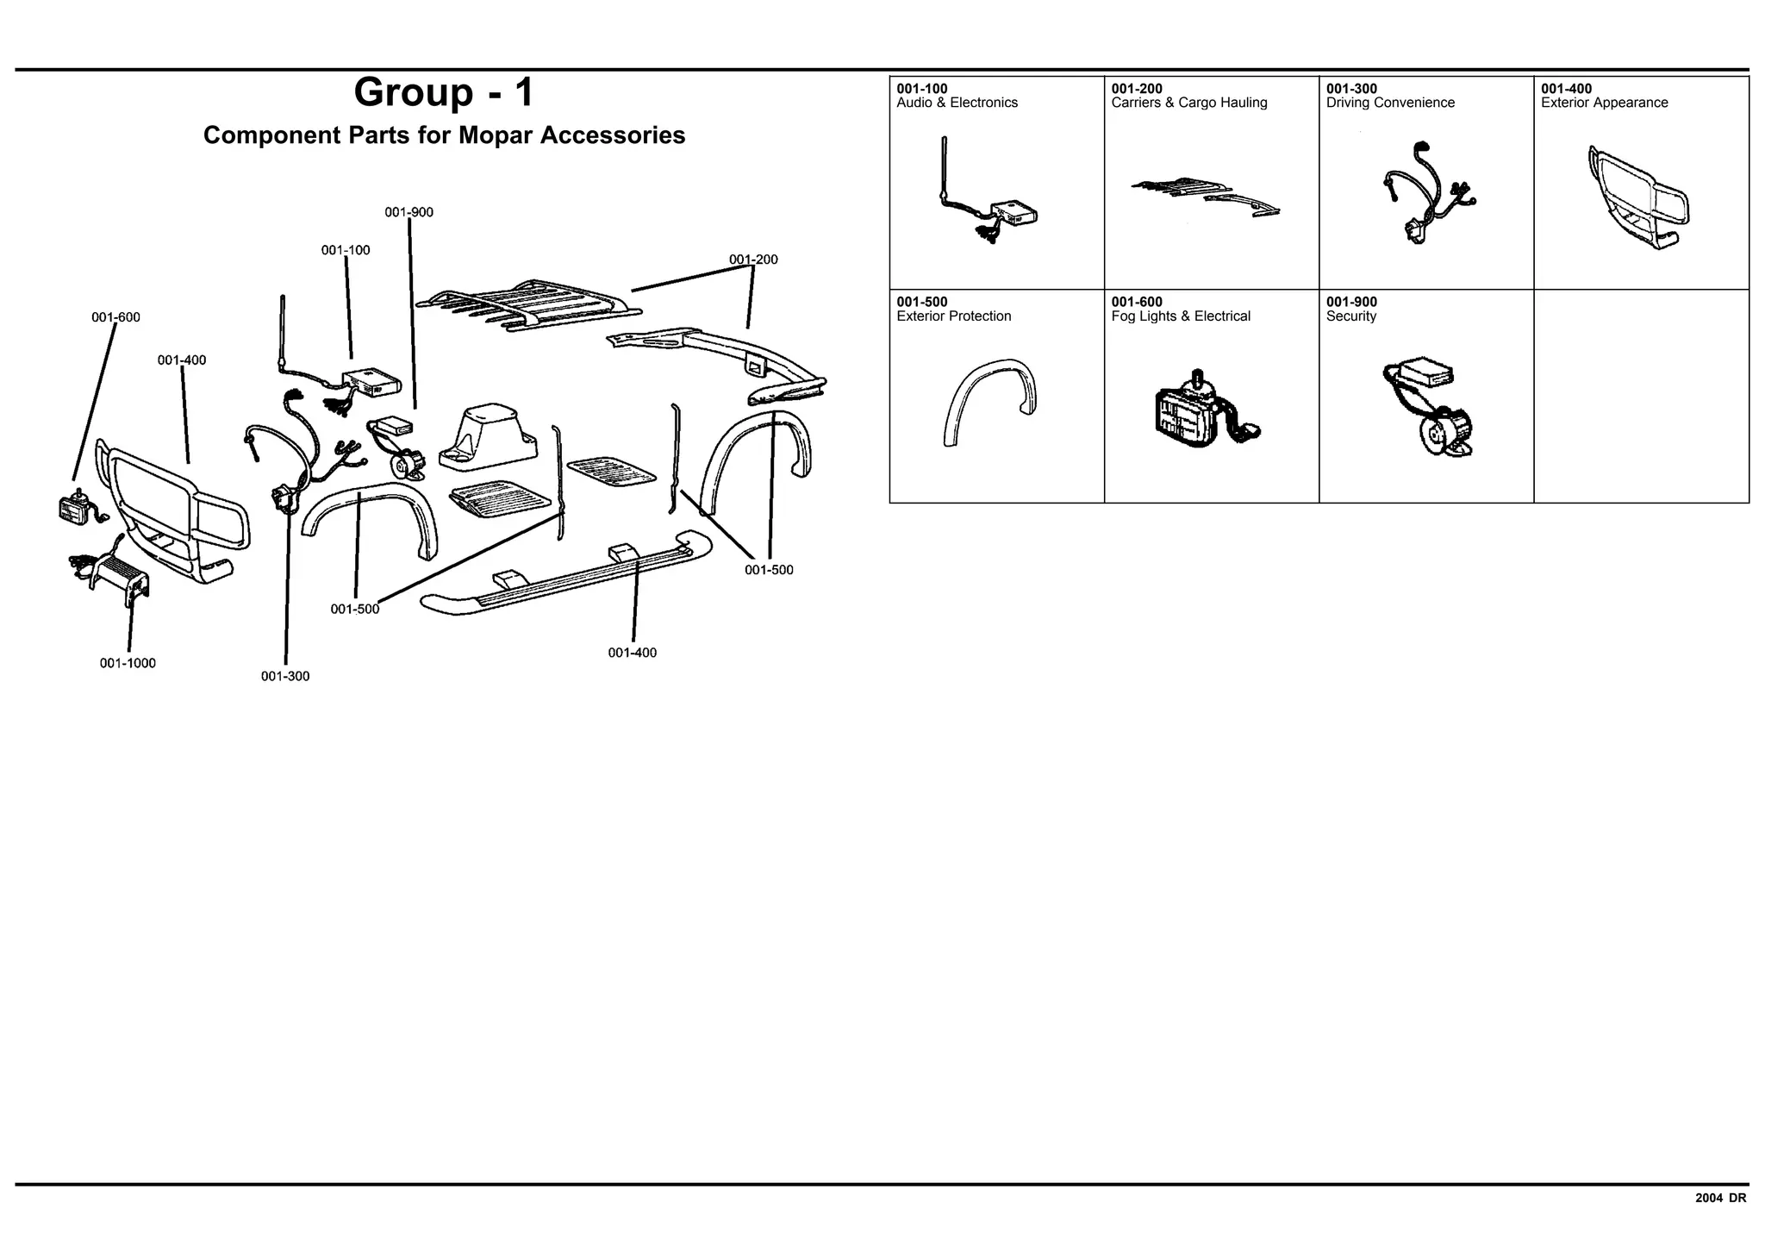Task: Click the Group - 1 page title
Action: coord(444,92)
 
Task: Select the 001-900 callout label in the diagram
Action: coord(409,212)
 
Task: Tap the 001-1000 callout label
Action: coord(128,663)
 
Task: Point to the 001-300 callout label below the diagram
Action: coord(285,676)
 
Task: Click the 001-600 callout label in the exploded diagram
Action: coord(115,317)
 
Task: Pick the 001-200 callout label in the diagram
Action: coord(753,260)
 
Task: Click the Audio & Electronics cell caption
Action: coord(957,103)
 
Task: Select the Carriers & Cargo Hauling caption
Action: coord(1188,103)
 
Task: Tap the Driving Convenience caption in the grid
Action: coord(1390,103)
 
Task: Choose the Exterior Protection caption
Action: coord(953,316)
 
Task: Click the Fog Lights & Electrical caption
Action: coord(1180,316)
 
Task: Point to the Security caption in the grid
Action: coord(1350,316)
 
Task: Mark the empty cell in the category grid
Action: coord(1641,396)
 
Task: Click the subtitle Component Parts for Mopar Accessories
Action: coord(444,135)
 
